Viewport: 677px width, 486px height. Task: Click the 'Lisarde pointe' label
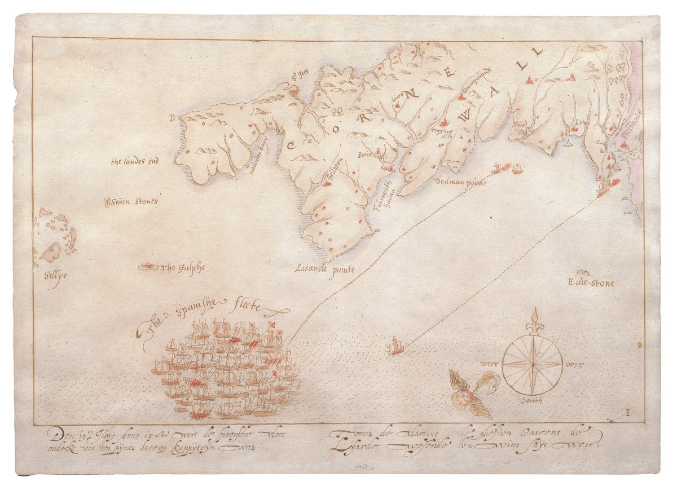[x=324, y=269]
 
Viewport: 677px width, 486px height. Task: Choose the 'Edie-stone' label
[x=591, y=283]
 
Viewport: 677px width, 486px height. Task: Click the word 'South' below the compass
[x=531, y=400]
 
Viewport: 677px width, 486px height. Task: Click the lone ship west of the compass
[x=395, y=346]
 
